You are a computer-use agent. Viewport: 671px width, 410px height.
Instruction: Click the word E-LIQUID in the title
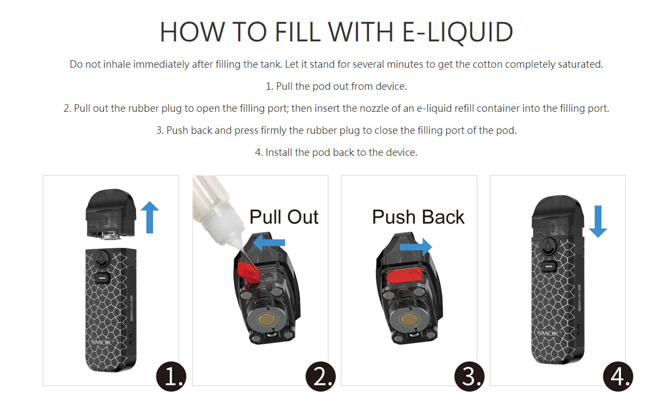pyautogui.click(x=457, y=32)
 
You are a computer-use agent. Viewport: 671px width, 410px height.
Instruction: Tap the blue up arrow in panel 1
pyautogui.click(x=149, y=217)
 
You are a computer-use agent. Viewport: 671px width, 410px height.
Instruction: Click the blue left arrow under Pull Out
pyautogui.click(x=268, y=243)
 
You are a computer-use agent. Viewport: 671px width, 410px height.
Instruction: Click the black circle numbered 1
pyautogui.click(x=172, y=376)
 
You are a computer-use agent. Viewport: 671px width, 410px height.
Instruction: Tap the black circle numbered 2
pyautogui.click(x=320, y=376)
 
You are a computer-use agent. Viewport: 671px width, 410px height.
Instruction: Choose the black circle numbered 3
pyautogui.click(x=469, y=376)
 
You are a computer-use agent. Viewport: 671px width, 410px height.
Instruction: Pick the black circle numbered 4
pyautogui.click(x=618, y=376)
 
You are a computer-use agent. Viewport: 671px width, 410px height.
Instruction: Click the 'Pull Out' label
pyautogui.click(x=284, y=217)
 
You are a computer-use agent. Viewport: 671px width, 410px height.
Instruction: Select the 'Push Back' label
pyautogui.click(x=418, y=217)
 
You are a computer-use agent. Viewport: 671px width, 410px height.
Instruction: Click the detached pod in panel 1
pyautogui.click(x=112, y=215)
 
